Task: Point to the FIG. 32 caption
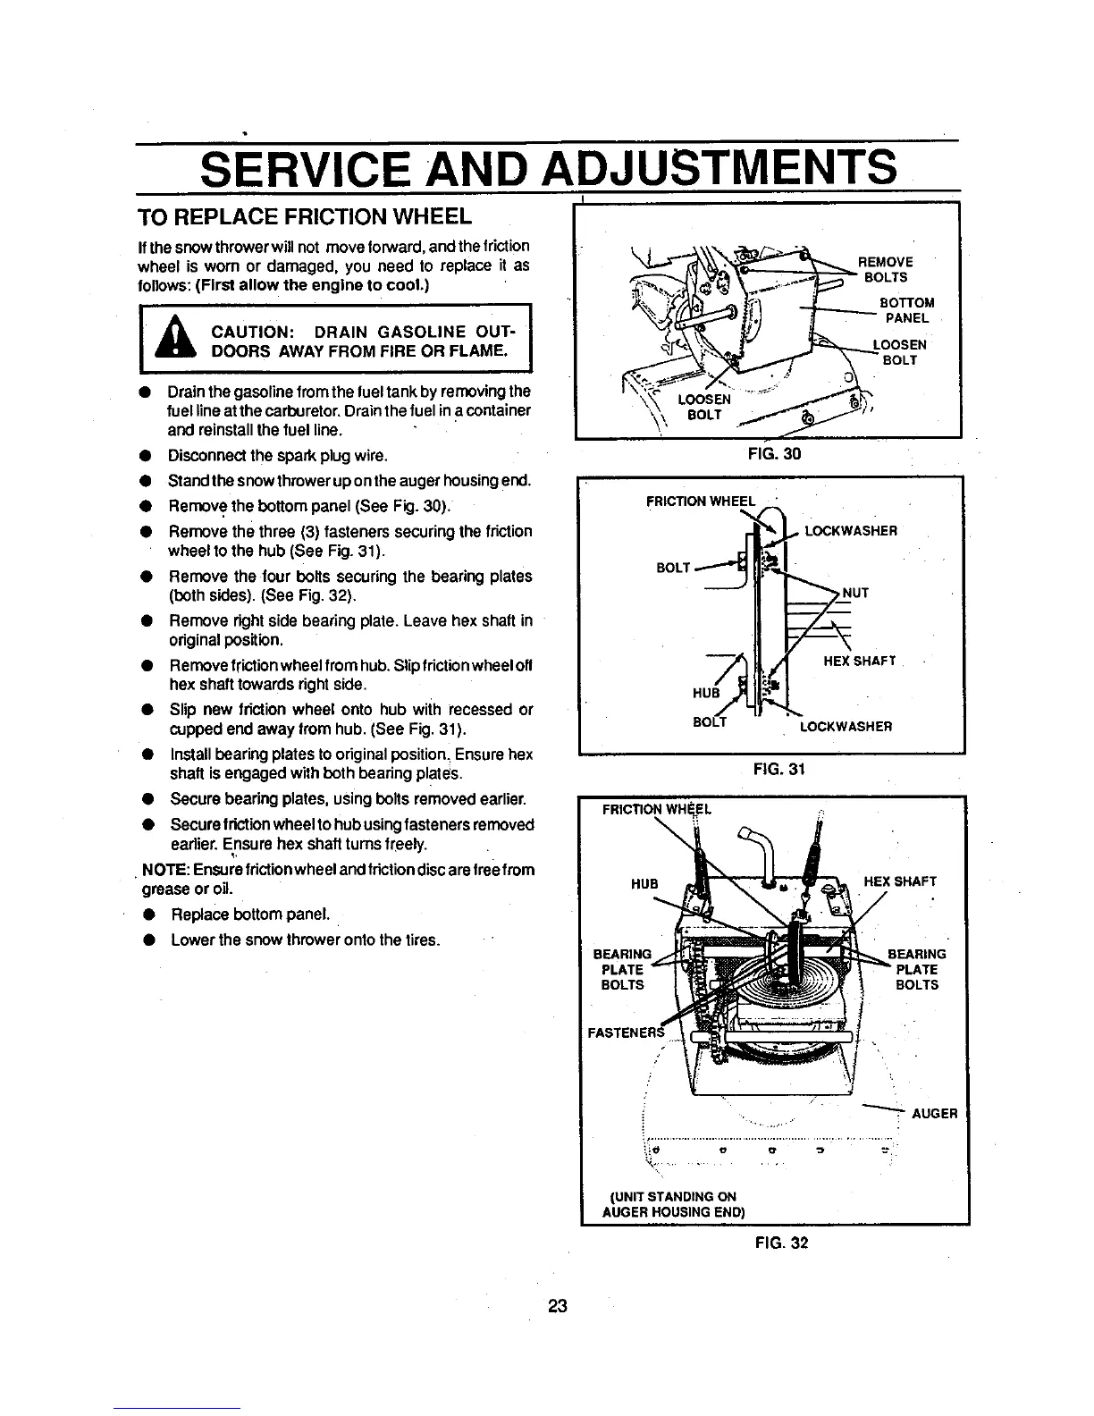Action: click(780, 1242)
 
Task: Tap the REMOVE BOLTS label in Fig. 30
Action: click(885, 269)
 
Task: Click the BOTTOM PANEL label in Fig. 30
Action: click(906, 310)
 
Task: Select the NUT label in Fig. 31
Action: click(855, 593)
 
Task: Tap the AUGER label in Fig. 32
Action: click(934, 1114)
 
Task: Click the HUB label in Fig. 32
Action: click(644, 883)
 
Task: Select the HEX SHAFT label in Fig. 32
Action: click(900, 881)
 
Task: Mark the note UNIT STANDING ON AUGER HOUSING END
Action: click(675, 1204)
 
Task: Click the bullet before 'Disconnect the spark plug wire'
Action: click(143, 459)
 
